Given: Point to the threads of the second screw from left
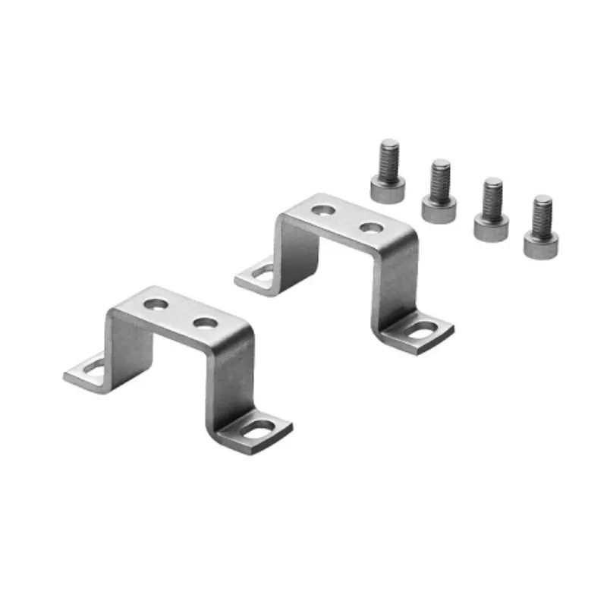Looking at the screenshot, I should (x=441, y=179).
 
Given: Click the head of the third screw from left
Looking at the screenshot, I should (x=491, y=226).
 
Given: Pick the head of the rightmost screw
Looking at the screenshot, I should (x=541, y=244).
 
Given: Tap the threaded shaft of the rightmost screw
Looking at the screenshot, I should (x=543, y=215).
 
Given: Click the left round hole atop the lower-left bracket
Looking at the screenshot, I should (x=156, y=305).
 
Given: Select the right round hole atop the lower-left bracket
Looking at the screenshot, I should (x=204, y=323).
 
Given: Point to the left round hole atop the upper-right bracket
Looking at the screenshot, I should (x=322, y=208).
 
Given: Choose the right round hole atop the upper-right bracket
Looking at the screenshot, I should (x=370, y=226).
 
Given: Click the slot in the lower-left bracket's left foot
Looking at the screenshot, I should (x=94, y=369).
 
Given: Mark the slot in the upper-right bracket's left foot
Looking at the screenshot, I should (x=262, y=272).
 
